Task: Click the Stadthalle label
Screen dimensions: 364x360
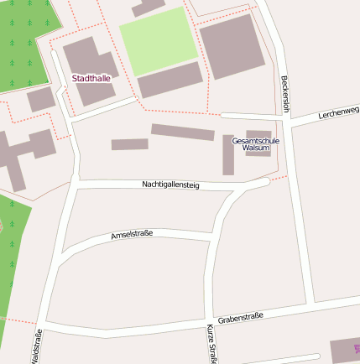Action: (91, 78)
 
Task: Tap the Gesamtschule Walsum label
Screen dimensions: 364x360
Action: (255, 144)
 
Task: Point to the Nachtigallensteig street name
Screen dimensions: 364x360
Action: (170, 185)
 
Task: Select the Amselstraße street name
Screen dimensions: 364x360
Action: (132, 236)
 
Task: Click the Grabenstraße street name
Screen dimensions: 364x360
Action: (240, 318)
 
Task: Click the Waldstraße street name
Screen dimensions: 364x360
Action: (36, 346)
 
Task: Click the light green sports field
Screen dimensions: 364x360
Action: (159, 39)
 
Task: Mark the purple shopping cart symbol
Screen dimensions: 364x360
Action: (357, 347)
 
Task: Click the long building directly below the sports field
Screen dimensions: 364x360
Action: (170, 81)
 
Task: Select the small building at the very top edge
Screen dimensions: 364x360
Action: (149, 7)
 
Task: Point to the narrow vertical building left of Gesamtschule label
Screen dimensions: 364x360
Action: (228, 154)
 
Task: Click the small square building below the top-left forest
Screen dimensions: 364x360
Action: (40, 100)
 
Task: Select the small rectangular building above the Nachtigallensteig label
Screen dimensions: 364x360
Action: (130, 144)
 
